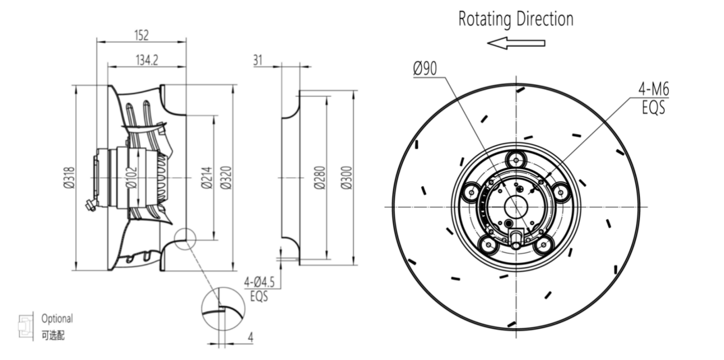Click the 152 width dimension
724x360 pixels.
pos(141,35)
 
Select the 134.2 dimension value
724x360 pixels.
pos(146,60)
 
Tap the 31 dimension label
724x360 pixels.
pos(258,60)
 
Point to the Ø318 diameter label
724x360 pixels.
pos(70,178)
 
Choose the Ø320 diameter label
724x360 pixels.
pos(225,178)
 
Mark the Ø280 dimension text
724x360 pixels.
pos(320,178)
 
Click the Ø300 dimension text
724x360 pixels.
pos(347,178)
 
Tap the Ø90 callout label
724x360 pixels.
pos(425,69)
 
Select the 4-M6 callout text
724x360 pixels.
pos(654,89)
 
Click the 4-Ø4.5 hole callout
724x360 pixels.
pos(259,282)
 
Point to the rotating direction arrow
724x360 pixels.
pos(516,43)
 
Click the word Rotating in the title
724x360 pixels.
pos(485,19)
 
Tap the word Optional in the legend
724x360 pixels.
pos(57,319)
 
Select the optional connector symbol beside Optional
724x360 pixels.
pos(26,326)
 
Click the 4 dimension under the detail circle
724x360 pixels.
pos(251,337)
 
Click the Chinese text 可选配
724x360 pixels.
pos(53,335)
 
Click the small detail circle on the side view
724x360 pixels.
pos(186,238)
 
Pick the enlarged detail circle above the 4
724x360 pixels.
pos(223,308)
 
